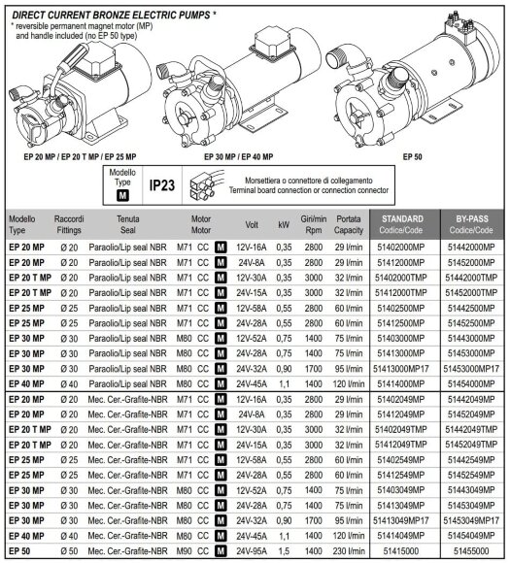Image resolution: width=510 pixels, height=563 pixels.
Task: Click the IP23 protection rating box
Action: coord(163,185)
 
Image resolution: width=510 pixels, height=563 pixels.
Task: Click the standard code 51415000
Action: coord(402,552)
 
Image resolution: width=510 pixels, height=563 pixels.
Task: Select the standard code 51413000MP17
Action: coord(402,369)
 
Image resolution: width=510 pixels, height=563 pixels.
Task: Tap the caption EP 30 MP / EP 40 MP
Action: coord(239,155)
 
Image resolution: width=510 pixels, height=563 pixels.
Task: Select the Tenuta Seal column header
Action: coord(127,223)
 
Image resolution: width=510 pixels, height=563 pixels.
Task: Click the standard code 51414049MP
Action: coord(402,536)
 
